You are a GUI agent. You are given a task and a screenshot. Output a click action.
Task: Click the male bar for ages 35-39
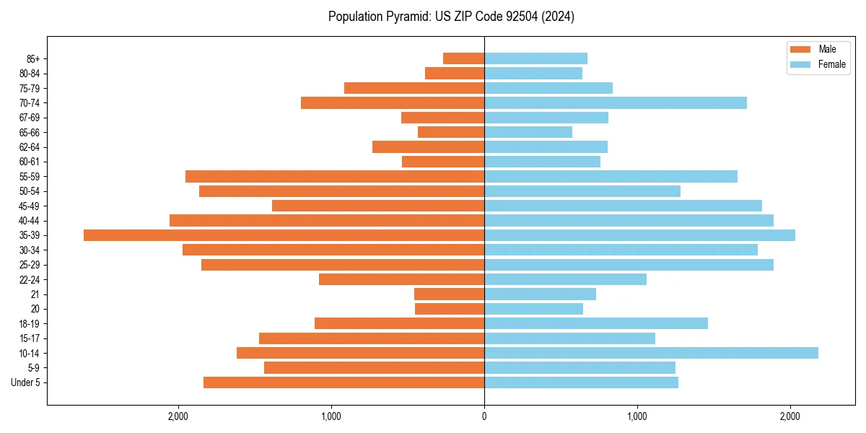point(284,235)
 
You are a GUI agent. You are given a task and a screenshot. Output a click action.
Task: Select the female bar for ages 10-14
point(651,353)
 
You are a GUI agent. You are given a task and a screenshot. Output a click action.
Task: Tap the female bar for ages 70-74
point(616,103)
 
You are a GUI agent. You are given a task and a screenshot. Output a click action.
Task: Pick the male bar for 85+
point(463,58)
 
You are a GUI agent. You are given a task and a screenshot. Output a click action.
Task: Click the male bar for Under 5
point(344,382)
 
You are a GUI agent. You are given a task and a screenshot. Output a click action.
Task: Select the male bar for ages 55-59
point(335,177)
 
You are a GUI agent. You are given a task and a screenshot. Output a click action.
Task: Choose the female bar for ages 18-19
point(596,323)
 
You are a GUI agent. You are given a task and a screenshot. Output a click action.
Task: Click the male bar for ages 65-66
point(451,132)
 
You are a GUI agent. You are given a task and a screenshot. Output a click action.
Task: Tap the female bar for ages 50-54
point(582,191)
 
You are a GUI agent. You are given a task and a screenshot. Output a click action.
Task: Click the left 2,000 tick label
point(178,417)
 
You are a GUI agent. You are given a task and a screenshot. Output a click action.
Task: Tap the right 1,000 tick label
point(637,417)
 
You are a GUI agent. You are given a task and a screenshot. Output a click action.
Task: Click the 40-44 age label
point(30,221)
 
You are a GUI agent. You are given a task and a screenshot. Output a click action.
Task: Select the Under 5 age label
point(26,382)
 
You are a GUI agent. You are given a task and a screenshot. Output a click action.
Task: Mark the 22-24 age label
point(30,279)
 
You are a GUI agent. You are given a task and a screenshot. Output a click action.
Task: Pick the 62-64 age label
point(30,147)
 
